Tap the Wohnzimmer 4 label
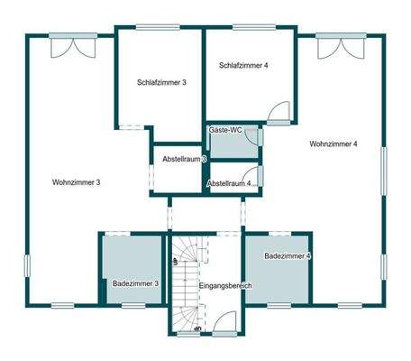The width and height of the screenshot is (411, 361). coord(333,144)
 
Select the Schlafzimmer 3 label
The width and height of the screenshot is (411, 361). coord(162,82)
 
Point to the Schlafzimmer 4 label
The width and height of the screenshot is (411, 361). coord(242,65)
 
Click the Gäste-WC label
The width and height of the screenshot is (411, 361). coord(224,131)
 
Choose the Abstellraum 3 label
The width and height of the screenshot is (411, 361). coord(184,160)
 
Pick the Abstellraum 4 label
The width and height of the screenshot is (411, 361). coord(229,183)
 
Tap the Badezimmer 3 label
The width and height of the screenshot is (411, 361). coord(135,284)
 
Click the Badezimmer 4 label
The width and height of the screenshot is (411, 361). coord(288,257)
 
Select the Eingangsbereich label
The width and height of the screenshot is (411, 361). coord(224,286)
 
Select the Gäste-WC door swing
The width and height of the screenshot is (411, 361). coord(253,137)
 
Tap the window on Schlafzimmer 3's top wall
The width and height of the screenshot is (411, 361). coord(159,27)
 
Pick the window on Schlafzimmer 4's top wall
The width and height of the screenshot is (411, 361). coord(248,27)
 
